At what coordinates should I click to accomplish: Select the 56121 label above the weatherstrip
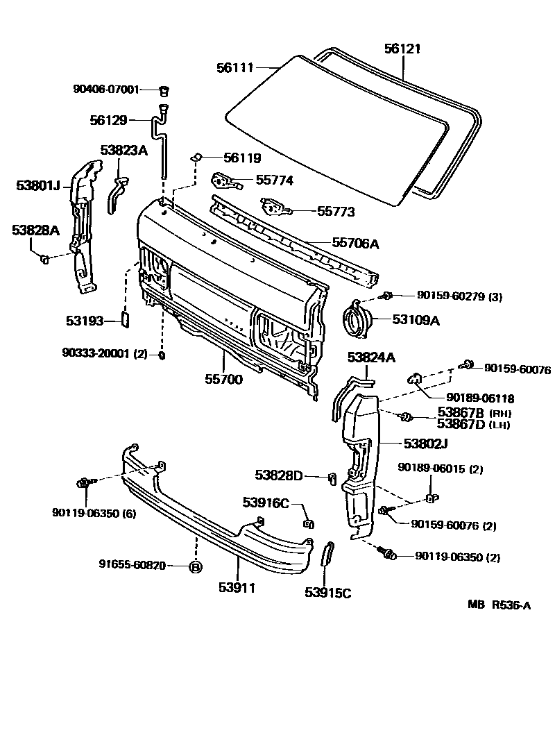pos(402,49)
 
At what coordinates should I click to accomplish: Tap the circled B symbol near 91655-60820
pos(196,566)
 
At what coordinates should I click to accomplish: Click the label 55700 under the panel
pos(224,380)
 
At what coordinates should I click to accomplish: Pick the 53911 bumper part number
pos(237,588)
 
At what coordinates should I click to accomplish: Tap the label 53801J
pos(39,185)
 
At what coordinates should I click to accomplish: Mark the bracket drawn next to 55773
pos(273,207)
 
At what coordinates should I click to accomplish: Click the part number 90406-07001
pos(106,89)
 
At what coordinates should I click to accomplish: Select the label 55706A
pos(355,243)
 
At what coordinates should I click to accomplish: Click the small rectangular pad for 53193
pos(126,319)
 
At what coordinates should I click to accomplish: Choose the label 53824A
pos(371,357)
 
